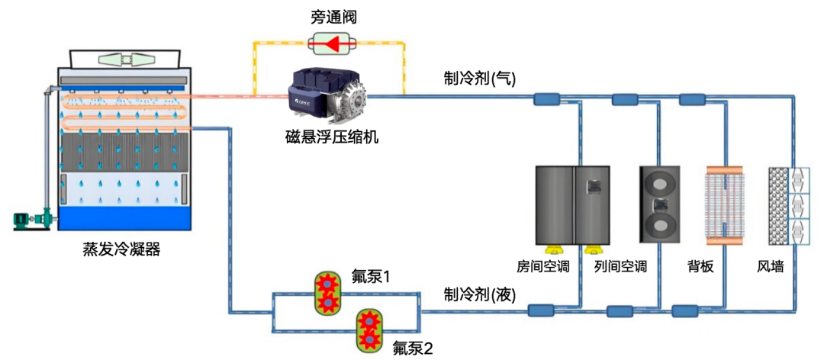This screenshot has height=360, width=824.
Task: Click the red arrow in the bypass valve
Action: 330,43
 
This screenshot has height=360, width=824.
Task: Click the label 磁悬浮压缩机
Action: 329,138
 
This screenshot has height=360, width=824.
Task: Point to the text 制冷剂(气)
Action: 480,78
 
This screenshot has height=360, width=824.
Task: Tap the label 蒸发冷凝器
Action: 122,249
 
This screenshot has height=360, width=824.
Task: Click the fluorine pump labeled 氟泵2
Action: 369,330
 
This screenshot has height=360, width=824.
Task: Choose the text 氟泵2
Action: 413,348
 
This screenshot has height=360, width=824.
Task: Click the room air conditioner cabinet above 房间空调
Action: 573,205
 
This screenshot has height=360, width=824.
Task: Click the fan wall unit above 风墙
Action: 786,205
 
